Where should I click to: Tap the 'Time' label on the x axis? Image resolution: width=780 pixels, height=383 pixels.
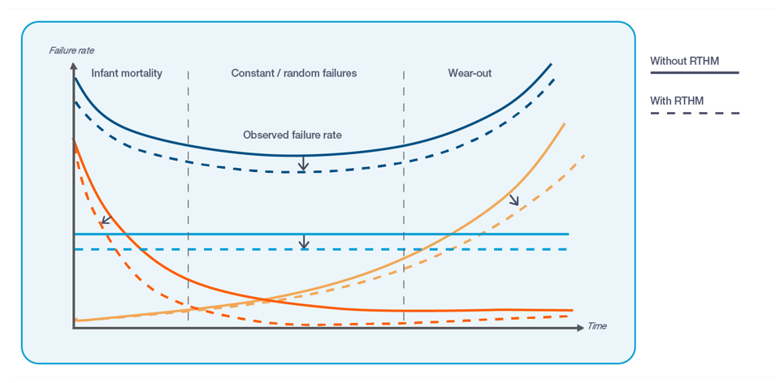click(597, 326)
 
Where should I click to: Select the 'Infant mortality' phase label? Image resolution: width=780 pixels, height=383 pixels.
click(127, 73)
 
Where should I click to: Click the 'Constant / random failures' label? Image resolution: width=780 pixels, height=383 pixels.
click(294, 73)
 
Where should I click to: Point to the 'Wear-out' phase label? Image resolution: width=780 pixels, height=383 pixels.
click(470, 73)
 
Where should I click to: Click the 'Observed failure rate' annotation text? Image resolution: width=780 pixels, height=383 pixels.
click(292, 135)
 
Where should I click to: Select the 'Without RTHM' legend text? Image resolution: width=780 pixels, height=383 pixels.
click(684, 61)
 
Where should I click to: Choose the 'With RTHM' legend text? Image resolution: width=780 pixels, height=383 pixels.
click(677, 101)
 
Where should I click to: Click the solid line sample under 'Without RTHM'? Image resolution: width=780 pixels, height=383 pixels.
click(694, 73)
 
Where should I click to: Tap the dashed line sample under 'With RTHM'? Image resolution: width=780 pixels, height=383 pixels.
click(694, 113)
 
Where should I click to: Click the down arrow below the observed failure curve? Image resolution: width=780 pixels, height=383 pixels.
click(303, 165)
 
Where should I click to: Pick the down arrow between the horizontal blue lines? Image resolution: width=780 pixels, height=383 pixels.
click(303, 242)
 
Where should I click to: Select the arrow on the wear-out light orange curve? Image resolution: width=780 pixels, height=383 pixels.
click(513, 200)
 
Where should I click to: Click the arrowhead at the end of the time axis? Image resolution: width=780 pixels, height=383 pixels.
click(581, 327)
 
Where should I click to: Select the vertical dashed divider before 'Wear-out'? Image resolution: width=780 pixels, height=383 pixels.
click(404, 203)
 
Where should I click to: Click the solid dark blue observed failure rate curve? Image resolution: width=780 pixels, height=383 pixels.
click(244, 152)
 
